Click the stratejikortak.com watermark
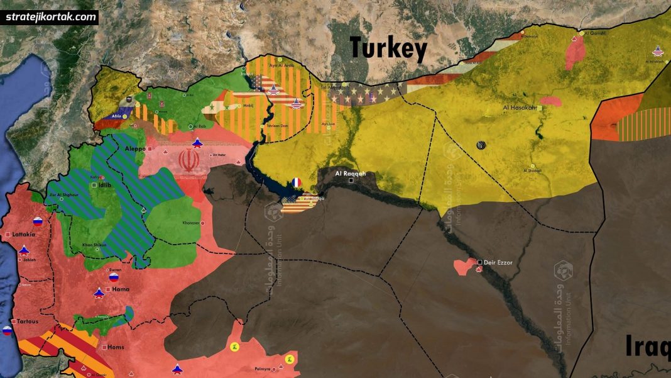(x=52, y=17)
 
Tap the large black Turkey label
(x=388, y=49)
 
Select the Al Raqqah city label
(x=350, y=174)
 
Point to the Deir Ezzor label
(x=498, y=262)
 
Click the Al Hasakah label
(x=520, y=108)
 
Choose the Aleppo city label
(x=135, y=148)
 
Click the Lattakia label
(x=24, y=234)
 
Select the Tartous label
(x=28, y=321)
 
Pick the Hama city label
(x=121, y=289)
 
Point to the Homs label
(x=116, y=347)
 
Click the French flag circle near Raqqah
(x=297, y=182)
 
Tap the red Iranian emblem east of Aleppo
(x=187, y=161)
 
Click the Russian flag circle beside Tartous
(x=8, y=331)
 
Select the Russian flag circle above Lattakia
(x=37, y=221)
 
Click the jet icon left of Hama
(x=99, y=292)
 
